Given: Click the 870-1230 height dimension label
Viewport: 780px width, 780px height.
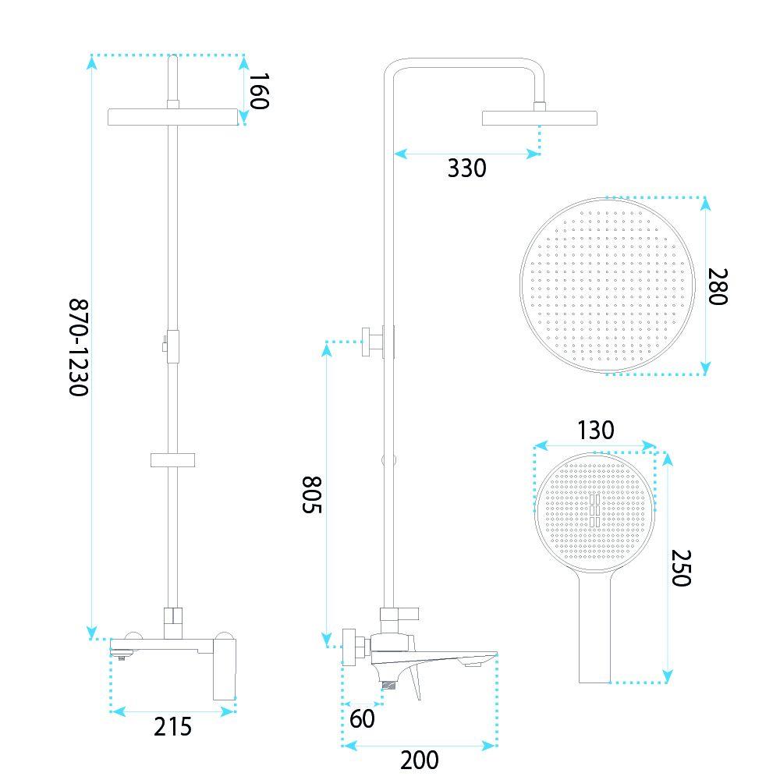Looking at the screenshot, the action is pos(79,347).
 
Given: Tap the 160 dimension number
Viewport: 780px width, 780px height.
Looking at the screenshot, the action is pos(259,91).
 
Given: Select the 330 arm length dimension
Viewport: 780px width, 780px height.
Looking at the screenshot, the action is pos(466,168).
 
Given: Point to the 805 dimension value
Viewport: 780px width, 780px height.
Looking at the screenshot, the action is pos(313,495).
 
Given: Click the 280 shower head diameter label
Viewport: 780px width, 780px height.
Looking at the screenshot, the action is pos(718,286).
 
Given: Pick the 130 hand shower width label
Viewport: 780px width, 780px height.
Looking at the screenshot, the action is pos(595,431).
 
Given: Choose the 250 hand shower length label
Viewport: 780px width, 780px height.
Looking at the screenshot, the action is pos(682,568).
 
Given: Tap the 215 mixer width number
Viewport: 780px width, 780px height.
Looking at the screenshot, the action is pos(172,727).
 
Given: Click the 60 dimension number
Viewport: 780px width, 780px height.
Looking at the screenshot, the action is pos(362,718).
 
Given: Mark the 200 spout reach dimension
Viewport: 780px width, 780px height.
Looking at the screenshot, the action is pos(420,760).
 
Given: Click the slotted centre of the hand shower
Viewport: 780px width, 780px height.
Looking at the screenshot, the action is pos(595,511).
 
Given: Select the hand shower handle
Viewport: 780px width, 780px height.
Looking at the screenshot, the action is pos(595,627).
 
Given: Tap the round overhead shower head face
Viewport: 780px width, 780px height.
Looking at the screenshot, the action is pos(607,285).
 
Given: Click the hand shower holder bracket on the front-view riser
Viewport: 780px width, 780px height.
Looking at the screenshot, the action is pos(172,460).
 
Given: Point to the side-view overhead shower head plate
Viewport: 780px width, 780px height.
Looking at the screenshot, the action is pos(539,118).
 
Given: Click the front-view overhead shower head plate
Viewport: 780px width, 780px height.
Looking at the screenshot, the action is pos(172,117).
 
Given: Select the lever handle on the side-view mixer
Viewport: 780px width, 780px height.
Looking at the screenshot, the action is pos(416,682).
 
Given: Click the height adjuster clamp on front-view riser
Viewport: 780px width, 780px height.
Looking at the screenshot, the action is pos(172,346).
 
